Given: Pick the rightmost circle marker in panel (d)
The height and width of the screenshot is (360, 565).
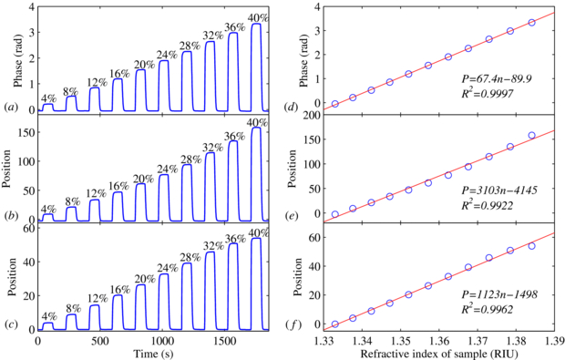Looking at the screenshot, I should click(x=532, y=23).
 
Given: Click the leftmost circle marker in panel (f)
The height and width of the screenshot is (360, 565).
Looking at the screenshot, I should click(x=334, y=324).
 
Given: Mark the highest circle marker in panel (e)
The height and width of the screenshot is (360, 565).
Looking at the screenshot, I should click(x=532, y=136).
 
